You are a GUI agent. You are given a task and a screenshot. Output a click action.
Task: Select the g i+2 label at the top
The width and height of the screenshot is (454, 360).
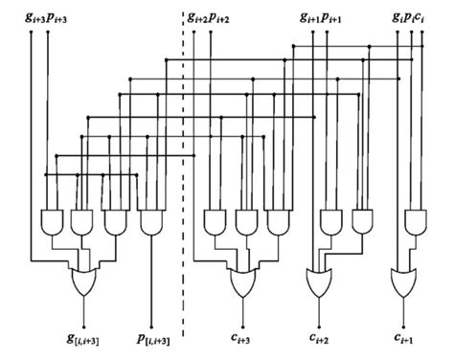pyautogui.click(x=196, y=18)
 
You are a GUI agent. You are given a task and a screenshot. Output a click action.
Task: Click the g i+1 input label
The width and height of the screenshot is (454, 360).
pyautogui.click(x=308, y=18)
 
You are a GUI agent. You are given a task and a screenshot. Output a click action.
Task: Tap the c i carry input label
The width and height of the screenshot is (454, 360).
pyautogui.click(x=424, y=17)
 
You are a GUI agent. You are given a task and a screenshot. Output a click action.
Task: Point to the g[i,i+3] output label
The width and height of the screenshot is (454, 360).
pyautogui.click(x=85, y=338)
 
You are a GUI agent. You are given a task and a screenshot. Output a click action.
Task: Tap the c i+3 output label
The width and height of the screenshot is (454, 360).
pyautogui.click(x=248, y=338)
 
